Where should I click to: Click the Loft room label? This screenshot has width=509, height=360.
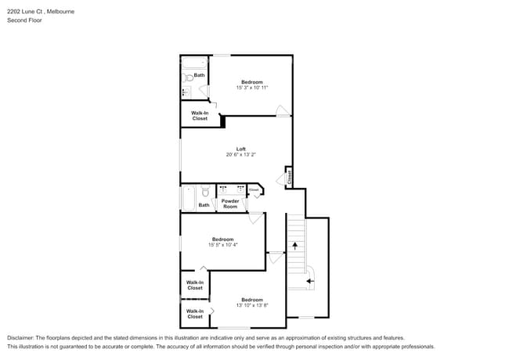(241, 149)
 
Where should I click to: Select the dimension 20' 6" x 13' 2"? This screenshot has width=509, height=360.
(241, 155)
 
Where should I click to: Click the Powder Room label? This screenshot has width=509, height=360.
(230, 203)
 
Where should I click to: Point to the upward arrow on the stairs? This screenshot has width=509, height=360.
(294, 246)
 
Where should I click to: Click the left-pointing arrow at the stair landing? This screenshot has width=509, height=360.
(309, 279)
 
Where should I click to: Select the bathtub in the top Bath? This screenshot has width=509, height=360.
(193, 62)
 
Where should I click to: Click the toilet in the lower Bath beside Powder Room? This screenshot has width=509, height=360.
(205, 191)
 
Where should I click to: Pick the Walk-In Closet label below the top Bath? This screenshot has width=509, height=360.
(200, 116)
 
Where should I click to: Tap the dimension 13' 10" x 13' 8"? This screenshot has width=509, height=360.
(252, 305)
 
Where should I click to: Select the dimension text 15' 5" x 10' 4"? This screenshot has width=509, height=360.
(223, 245)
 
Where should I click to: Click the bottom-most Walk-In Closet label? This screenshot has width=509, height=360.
(195, 314)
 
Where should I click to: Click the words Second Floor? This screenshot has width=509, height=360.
(24, 20)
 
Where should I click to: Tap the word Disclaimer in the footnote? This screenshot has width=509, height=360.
(21, 337)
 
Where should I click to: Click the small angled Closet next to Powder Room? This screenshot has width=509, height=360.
(254, 190)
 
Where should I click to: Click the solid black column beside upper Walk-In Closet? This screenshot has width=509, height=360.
(223, 121)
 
